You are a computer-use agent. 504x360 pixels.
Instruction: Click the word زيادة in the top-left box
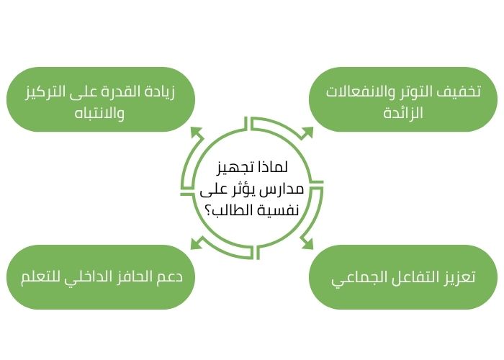(178, 93)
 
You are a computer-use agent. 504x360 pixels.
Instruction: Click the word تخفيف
(461, 93)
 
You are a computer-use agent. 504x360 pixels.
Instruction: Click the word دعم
(180, 278)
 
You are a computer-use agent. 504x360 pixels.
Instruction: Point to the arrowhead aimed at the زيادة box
(196, 132)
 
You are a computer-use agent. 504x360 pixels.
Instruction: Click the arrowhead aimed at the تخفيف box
(307, 132)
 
